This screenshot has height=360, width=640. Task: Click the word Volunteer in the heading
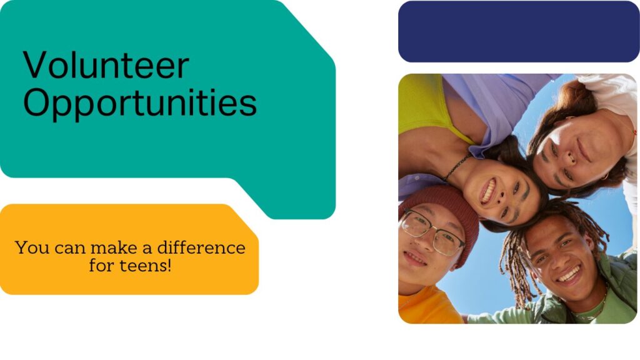click(x=106, y=65)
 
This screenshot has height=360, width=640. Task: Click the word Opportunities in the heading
click(x=140, y=103)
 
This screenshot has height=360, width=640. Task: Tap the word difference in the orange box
click(x=201, y=247)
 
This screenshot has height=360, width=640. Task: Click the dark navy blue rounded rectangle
click(x=519, y=31)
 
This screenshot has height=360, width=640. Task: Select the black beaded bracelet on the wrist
click(x=457, y=166)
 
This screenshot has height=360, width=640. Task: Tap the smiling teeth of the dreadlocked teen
click(x=569, y=274)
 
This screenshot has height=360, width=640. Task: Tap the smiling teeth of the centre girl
click(x=489, y=190)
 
